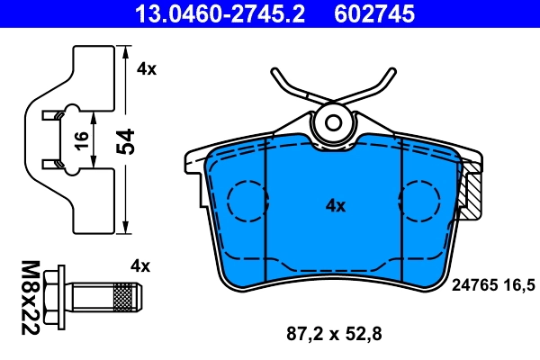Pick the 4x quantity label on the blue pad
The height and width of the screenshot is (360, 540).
(x=335, y=206)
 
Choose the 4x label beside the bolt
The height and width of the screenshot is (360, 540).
(x=139, y=265)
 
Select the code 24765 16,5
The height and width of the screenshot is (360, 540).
(x=492, y=284)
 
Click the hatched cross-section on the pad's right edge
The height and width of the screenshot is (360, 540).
(x=472, y=193)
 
